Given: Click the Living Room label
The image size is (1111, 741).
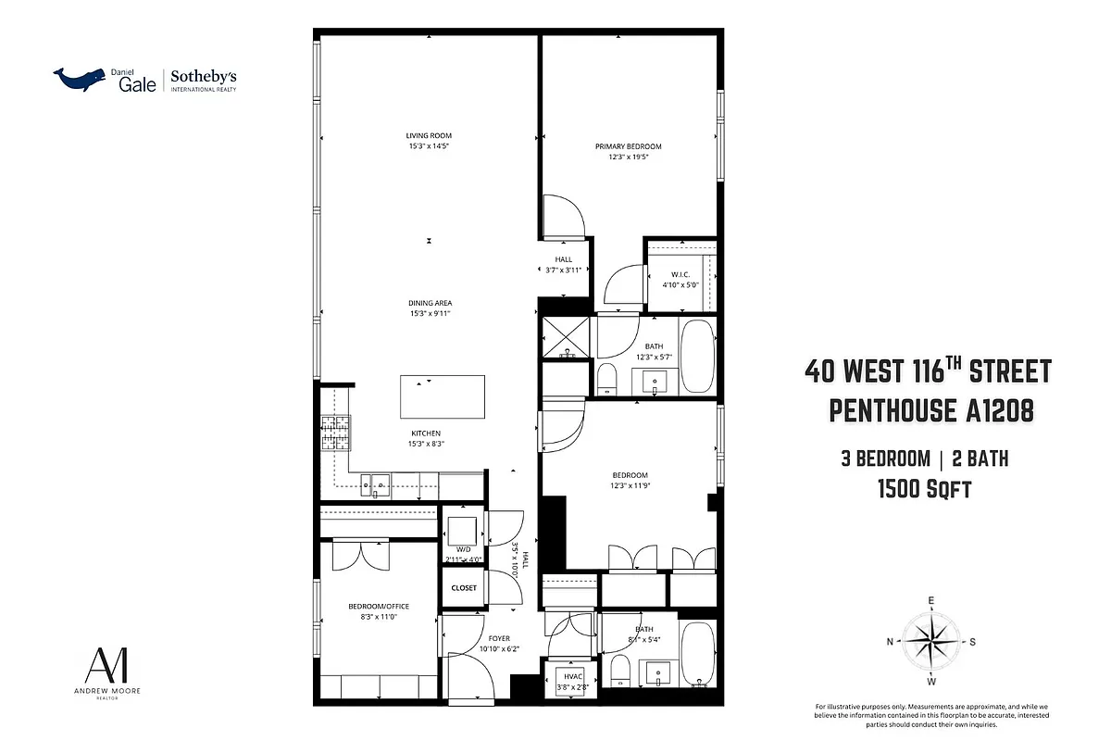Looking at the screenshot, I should [428, 136].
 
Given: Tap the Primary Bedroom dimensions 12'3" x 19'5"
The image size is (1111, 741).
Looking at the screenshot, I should [628, 157].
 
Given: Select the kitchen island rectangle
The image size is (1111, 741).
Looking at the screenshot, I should [442, 396].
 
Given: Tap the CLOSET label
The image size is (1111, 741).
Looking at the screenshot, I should [464, 588].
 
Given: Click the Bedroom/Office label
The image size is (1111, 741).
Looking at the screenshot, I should [378, 607].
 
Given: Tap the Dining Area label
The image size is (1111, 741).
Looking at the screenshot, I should [430, 303].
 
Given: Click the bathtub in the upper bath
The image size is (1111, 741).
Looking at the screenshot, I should [697, 358].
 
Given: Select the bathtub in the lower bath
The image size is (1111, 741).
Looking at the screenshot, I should [697, 656].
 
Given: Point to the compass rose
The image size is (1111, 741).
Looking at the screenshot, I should [930, 641].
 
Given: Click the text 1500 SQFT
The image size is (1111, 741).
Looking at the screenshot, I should [924, 488].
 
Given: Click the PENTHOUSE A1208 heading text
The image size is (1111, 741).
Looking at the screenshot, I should [930, 410].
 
